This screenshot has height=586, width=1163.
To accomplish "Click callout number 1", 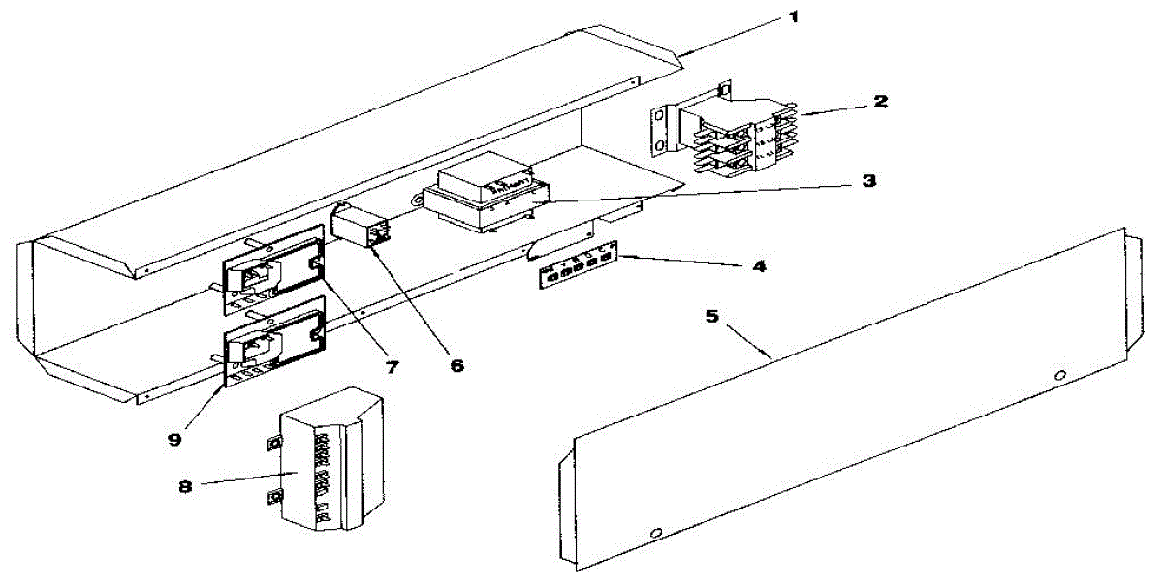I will tap(794, 18).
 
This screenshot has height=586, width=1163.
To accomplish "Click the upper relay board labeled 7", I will tap(273, 266).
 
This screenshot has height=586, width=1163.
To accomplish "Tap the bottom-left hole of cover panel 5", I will tap(656, 533).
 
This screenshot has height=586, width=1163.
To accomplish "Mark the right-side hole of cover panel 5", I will tap(1061, 374).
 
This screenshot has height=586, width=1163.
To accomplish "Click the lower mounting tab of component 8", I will tap(275, 499).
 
